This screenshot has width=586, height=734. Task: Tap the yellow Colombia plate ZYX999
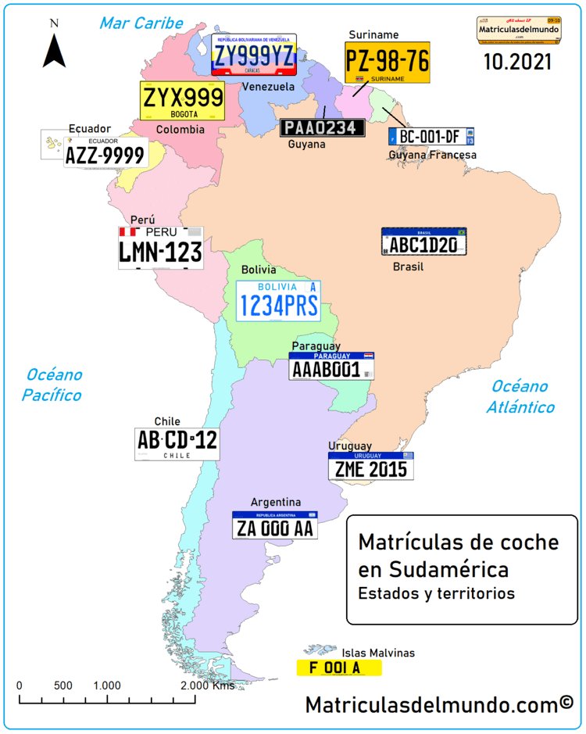click(182, 101)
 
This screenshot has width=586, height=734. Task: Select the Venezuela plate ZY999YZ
click(254, 54)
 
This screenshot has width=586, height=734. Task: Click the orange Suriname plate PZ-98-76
click(388, 63)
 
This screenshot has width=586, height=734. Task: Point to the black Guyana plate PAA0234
click(323, 127)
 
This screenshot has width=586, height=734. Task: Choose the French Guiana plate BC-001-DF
click(431, 137)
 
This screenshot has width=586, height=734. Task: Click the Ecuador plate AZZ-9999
click(105, 153)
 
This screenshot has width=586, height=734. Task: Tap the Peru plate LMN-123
click(161, 248)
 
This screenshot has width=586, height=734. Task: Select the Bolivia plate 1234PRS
click(278, 301)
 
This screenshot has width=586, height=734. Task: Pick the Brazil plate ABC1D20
click(423, 242)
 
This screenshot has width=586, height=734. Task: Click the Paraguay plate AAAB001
click(331, 366)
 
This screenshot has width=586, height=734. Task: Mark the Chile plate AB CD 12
click(177, 443)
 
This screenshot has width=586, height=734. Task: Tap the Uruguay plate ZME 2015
click(370, 466)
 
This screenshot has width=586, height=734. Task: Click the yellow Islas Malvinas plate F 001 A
click(338, 668)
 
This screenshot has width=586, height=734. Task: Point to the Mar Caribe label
click(141, 23)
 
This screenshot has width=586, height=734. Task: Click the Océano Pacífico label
click(52, 385)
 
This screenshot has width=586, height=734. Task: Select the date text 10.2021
click(517, 63)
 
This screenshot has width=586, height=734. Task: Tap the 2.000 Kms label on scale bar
click(208, 686)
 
